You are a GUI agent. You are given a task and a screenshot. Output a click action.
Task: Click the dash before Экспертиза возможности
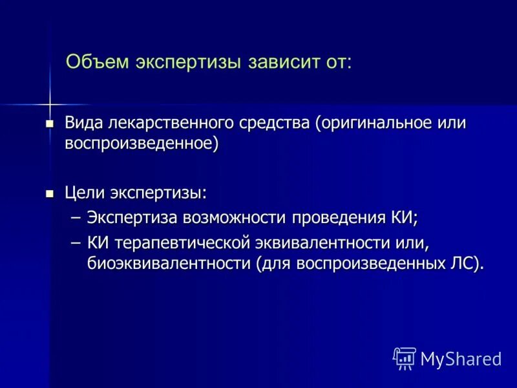[76, 218]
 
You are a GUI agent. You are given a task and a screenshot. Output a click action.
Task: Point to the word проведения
[336, 218]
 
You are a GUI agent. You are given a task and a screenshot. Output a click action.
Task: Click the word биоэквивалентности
[169, 263]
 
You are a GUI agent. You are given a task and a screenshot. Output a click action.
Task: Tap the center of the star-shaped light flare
[49, 103]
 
